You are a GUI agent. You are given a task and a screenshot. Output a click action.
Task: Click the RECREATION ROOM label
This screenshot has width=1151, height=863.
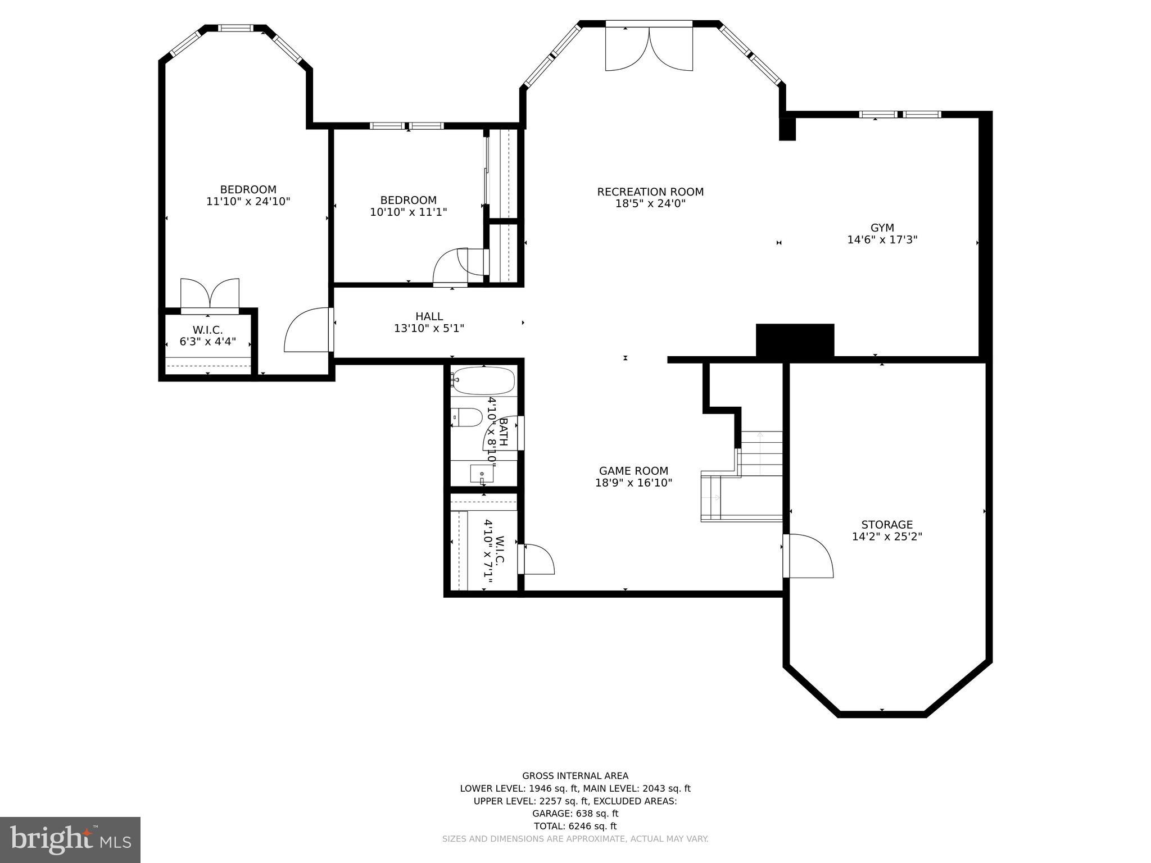pos(650,192)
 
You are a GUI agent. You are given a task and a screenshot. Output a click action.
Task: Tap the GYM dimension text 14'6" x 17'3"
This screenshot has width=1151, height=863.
pos(882,240)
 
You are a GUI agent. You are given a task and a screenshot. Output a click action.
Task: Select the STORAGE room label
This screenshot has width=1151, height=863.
pos(887,525)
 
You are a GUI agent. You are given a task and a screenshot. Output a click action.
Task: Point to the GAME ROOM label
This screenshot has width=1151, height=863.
pos(633,471)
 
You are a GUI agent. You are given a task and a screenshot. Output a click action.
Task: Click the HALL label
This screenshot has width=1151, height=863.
pos(429,317)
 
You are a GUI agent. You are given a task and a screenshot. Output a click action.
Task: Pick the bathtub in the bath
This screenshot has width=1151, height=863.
pos(483,380)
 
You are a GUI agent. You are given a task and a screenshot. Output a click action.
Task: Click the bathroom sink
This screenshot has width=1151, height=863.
pos(482,474)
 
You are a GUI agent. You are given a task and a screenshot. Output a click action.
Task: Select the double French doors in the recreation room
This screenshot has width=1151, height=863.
pos(649,49)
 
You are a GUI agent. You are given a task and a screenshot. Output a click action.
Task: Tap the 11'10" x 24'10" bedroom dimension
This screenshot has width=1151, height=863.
pos(248,202)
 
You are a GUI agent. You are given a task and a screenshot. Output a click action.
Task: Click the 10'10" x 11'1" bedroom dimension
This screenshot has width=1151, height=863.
pos(408,212)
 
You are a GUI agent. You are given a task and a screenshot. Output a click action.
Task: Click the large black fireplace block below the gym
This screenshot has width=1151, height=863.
pos(795,340)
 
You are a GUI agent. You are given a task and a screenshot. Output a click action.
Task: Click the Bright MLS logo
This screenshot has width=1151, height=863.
pos(70,839)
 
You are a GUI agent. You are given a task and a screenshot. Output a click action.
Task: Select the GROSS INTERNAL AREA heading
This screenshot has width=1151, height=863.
pos(575,776)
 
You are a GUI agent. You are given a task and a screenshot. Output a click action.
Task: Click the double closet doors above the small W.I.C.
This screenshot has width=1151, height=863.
pos(210,294)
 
